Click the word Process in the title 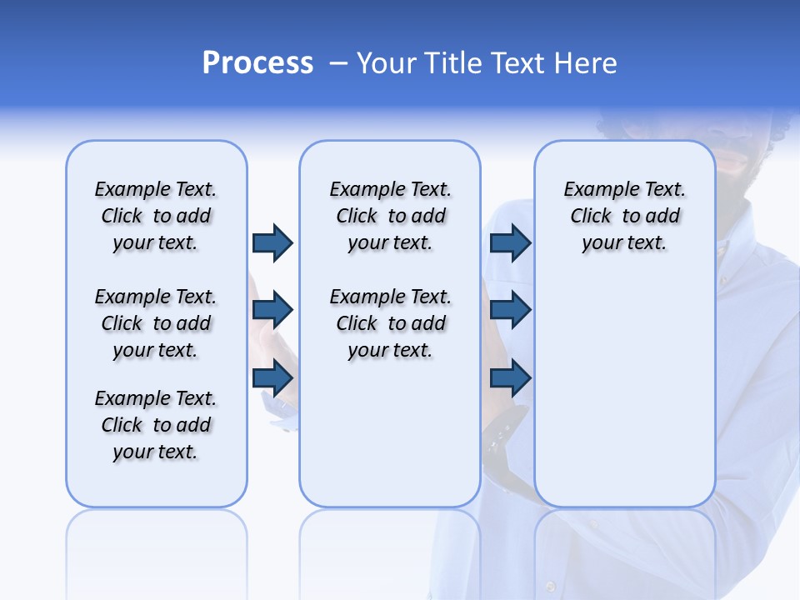coord(257,63)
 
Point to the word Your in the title coord(387,63)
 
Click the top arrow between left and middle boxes coord(272,243)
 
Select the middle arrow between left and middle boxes coord(272,311)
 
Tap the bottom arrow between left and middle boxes coord(272,378)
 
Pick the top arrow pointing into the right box coord(511,243)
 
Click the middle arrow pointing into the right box coord(511,311)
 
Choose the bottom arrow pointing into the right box coord(511,378)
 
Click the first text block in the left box coord(156,216)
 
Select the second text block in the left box coord(156,323)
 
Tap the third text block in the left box coord(156,425)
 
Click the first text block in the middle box coord(390,216)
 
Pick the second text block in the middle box coord(390,323)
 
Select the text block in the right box coord(624,216)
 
